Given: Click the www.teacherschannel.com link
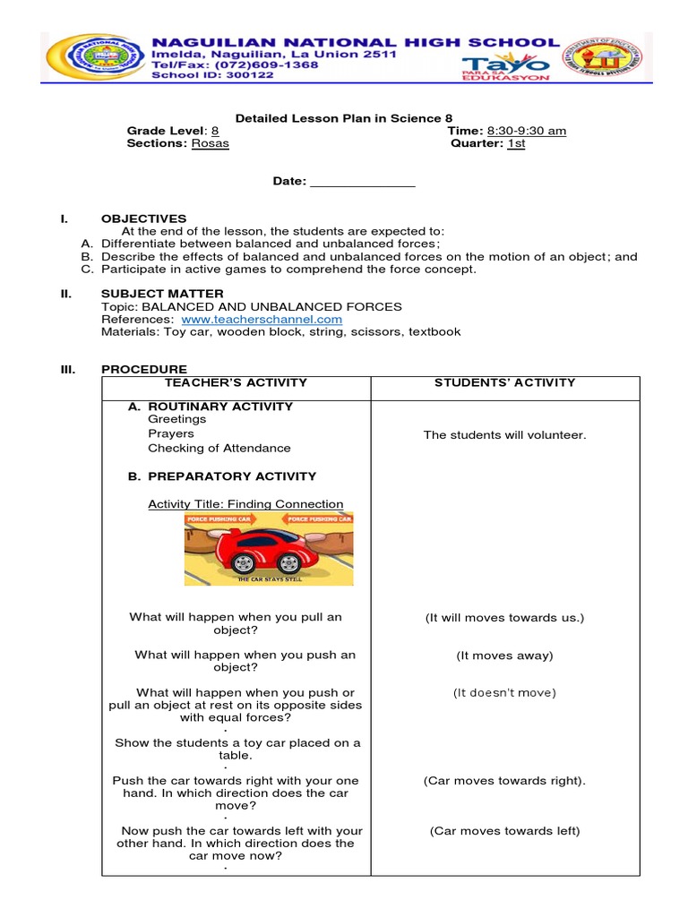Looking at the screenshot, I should (x=262, y=319).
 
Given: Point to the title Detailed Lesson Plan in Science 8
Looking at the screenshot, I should (x=343, y=118).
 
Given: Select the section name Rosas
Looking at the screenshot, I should (x=210, y=143).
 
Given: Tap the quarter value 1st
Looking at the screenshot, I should (x=516, y=143).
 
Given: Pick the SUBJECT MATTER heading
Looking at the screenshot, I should (x=162, y=294).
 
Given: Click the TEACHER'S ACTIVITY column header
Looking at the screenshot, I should (x=236, y=382).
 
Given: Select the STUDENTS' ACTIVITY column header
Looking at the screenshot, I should (x=504, y=382).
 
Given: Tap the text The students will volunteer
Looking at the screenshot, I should (x=504, y=435).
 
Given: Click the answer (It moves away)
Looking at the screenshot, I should (x=504, y=656).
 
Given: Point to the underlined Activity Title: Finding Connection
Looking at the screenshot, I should (x=245, y=504).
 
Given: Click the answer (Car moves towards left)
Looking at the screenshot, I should (x=504, y=831).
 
